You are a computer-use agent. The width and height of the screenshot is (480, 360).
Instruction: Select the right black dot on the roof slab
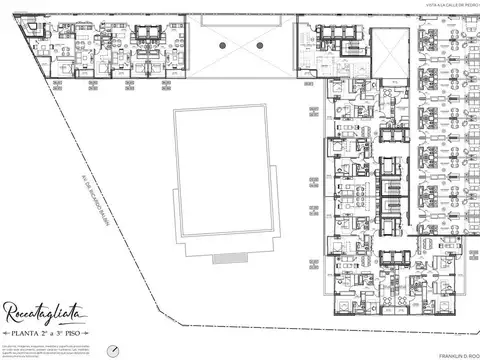point(259,45)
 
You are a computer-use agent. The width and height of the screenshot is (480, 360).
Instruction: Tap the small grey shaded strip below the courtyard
point(230,258)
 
